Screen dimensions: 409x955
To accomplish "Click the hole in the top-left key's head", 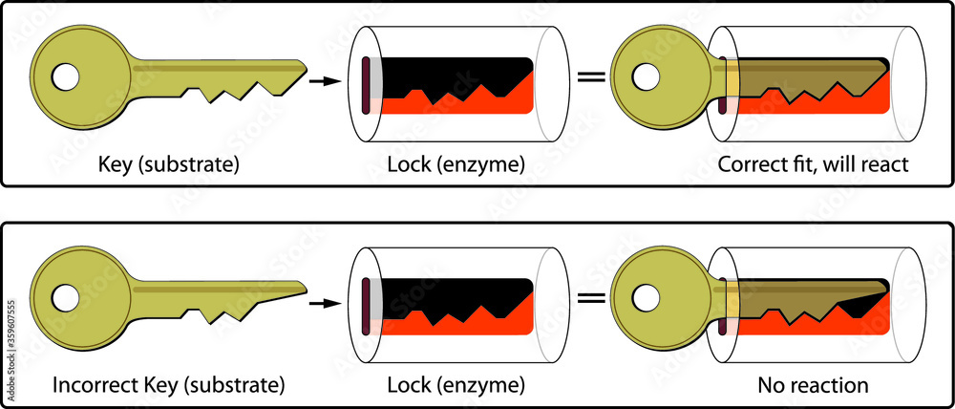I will click(x=66, y=76).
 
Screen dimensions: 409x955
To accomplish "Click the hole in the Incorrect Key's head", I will click(x=66, y=298).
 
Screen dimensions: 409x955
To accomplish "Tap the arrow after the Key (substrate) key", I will click(x=324, y=81).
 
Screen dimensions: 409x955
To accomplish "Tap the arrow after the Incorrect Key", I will click(x=324, y=302).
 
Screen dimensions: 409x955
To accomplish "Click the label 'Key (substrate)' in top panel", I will click(x=168, y=164).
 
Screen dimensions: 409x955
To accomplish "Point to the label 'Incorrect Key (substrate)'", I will click(x=168, y=386).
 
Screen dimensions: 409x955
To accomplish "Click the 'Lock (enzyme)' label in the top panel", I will click(x=456, y=164).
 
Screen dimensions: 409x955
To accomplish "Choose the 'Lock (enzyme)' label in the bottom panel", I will click(x=456, y=386).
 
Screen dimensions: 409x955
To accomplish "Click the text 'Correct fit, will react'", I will click(x=812, y=164).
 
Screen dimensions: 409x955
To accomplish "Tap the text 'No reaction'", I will click(x=813, y=386).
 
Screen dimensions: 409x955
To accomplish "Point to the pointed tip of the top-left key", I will click(x=306, y=68).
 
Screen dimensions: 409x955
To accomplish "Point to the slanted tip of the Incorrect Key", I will click(x=306, y=287).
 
